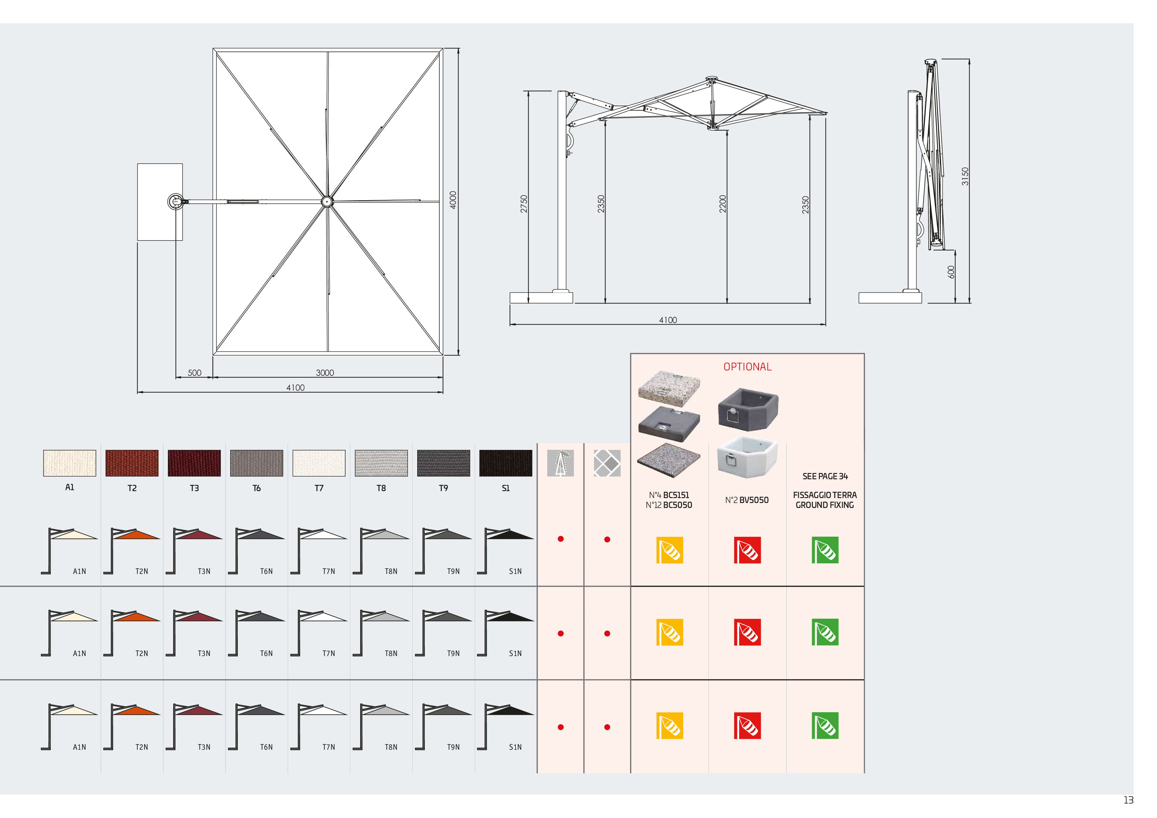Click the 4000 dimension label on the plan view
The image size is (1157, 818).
[453, 200]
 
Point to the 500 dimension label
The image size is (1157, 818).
[195, 373]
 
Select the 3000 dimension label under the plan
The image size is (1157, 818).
[325, 373]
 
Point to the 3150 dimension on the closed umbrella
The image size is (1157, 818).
[965, 176]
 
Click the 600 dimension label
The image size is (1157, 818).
[951, 272]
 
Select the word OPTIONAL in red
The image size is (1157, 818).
[747, 367]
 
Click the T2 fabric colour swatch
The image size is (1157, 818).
[132, 463]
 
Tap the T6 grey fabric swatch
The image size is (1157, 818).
[257, 463]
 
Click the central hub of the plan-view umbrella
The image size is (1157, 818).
[327, 202]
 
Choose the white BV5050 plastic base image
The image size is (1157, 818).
[747, 456]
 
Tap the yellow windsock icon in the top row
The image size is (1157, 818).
[670, 550]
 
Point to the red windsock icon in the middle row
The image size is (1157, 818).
[747, 632]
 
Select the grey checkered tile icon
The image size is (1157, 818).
[607, 463]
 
